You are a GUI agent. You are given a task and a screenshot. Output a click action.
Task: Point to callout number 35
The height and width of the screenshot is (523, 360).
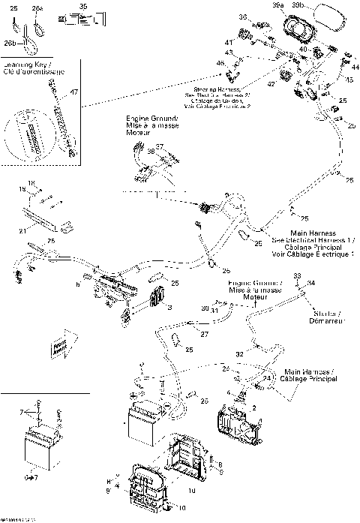[x=82, y=6]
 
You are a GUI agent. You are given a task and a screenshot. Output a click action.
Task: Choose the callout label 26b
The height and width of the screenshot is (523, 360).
[x=10, y=44]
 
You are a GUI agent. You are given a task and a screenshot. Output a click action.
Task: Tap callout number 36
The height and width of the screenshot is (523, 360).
[x=243, y=17]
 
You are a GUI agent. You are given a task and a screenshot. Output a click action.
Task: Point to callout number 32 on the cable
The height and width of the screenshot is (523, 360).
[x=239, y=353]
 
